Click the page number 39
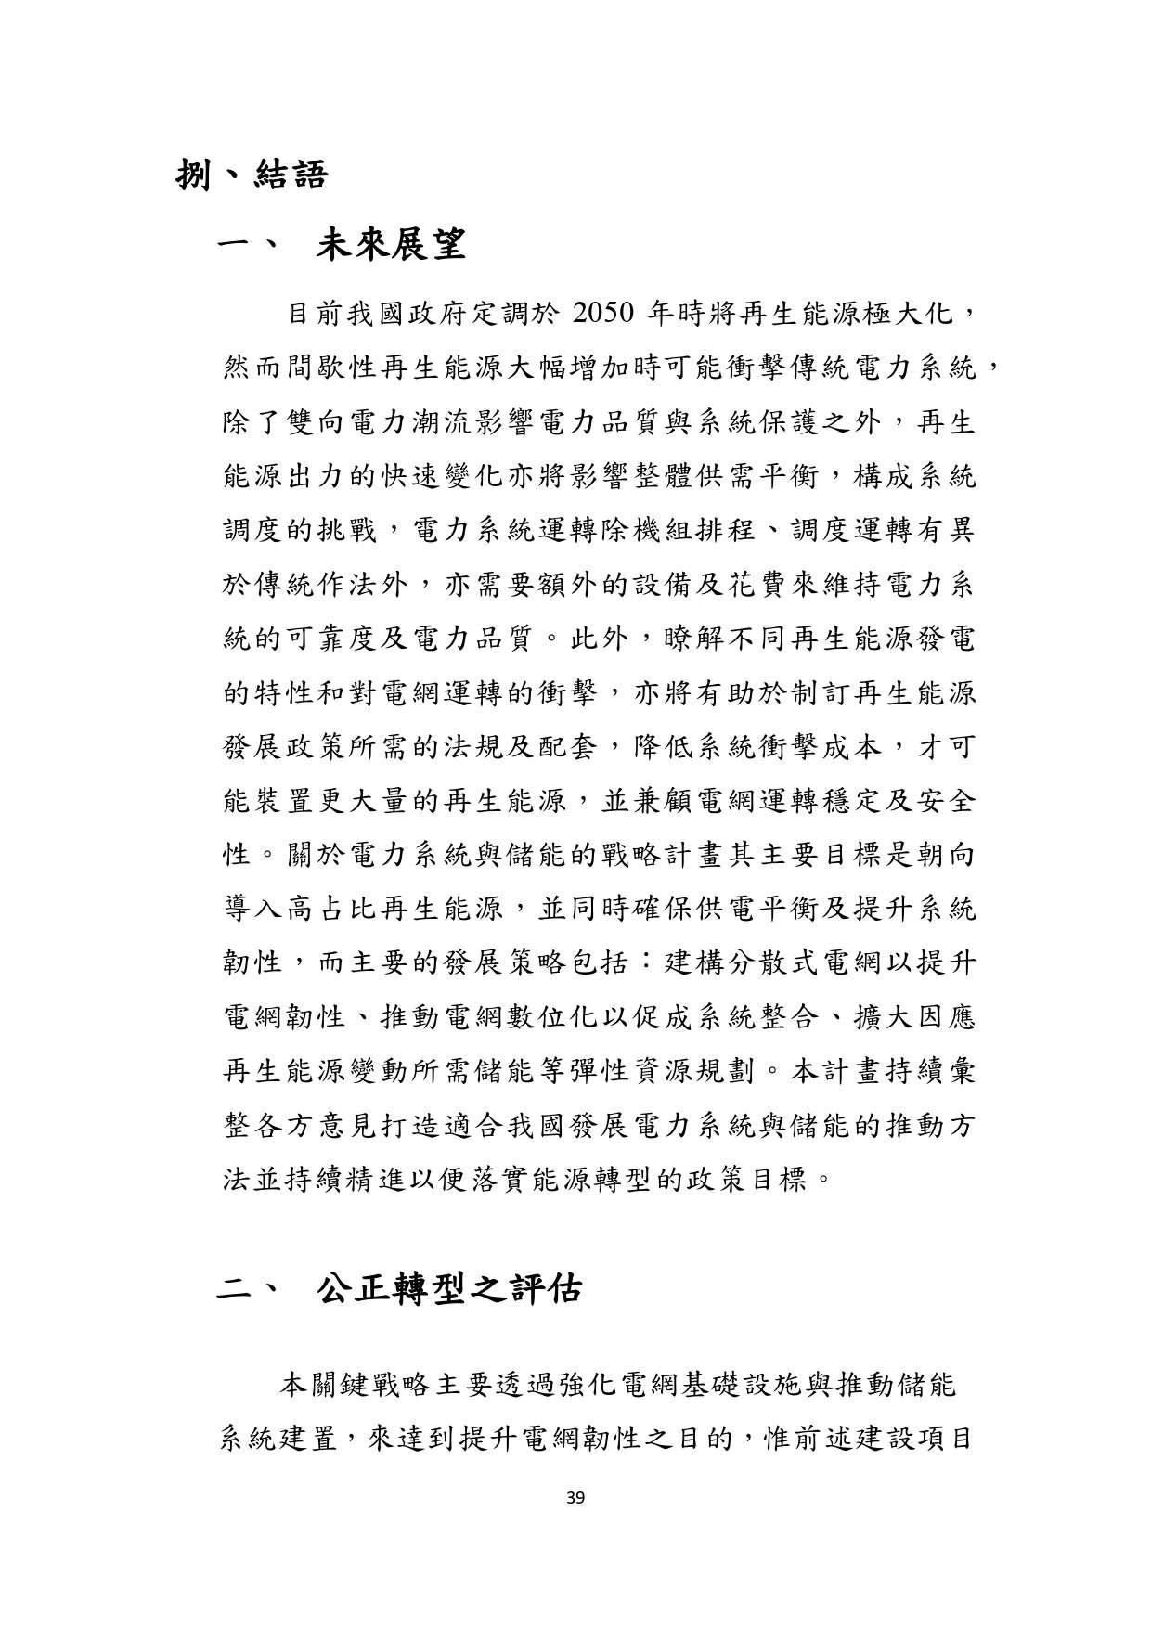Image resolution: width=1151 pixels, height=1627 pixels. pyautogui.click(x=575, y=1496)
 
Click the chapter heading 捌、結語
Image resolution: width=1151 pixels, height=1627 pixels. pyautogui.click(x=252, y=174)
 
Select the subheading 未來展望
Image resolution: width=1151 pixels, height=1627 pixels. pyautogui.click(x=390, y=245)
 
